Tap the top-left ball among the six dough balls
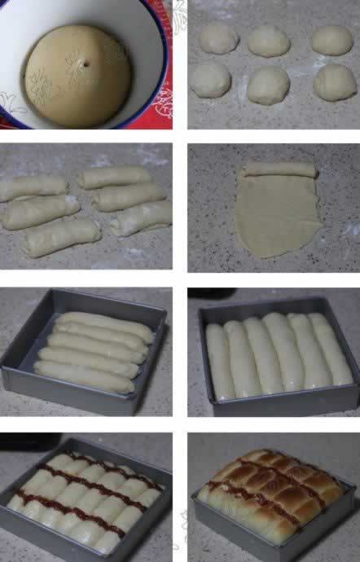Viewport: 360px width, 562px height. coord(218,38)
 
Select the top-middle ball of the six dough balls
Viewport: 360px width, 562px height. coord(269,41)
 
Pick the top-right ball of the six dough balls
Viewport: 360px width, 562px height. coord(332,40)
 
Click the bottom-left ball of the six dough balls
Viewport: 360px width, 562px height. coord(210,80)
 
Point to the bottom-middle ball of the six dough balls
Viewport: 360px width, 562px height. coord(269,84)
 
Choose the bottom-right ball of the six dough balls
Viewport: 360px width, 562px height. coord(335,81)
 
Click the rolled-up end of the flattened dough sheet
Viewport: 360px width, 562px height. coord(279,169)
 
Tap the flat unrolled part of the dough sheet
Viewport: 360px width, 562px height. coord(273,216)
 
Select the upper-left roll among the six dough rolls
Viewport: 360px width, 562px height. coord(33,188)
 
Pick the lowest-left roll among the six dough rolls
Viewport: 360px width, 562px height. coord(62,236)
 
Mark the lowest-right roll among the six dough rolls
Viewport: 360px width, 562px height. coord(141,217)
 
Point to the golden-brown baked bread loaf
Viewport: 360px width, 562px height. coord(273,493)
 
